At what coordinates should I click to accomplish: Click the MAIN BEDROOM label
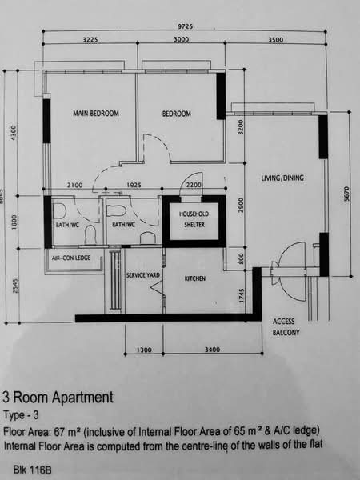tap(96, 114)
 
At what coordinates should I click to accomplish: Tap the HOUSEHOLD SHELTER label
tap(194, 219)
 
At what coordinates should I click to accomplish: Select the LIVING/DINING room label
tap(282, 178)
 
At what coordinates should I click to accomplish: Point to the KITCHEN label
tap(195, 278)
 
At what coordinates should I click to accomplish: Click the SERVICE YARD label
tap(143, 275)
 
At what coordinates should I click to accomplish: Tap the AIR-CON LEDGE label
tap(71, 258)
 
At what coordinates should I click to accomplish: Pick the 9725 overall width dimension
tap(186, 26)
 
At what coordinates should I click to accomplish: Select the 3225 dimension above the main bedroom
tap(90, 40)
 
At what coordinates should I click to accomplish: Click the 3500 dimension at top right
tap(276, 40)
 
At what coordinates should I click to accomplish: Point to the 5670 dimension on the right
tap(346, 194)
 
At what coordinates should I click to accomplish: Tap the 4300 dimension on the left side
tap(13, 133)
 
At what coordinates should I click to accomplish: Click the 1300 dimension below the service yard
tap(144, 350)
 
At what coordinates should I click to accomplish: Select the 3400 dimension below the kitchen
tap(212, 350)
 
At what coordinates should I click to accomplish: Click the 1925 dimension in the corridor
tap(134, 185)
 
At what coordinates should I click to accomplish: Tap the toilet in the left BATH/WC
tap(91, 235)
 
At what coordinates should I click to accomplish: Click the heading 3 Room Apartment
tap(58, 398)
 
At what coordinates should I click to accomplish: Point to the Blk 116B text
tap(33, 470)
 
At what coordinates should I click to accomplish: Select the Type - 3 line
tap(21, 415)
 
